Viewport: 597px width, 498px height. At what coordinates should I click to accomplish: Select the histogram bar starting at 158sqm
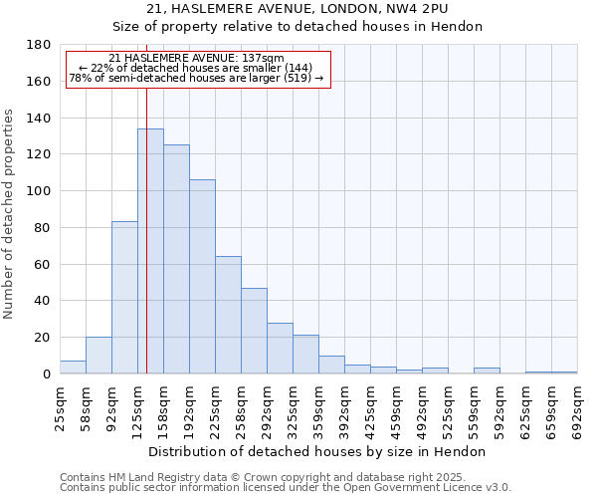tap(176, 259)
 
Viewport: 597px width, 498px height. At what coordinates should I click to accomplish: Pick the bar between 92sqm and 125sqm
tap(124, 298)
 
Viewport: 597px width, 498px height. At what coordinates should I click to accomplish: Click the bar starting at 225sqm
tap(228, 315)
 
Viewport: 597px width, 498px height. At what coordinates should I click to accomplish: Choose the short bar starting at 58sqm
tap(99, 356)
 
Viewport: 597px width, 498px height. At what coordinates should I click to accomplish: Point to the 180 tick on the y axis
tap(39, 45)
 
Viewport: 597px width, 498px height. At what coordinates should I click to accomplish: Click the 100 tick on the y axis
tap(39, 191)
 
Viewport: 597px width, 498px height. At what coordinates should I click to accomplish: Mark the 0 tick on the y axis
tap(46, 373)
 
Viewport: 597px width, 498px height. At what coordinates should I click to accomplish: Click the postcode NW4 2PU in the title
tap(418, 9)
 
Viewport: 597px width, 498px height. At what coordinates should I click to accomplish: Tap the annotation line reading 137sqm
tap(196, 58)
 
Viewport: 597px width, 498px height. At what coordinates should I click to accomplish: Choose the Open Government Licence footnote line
tap(285, 487)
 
